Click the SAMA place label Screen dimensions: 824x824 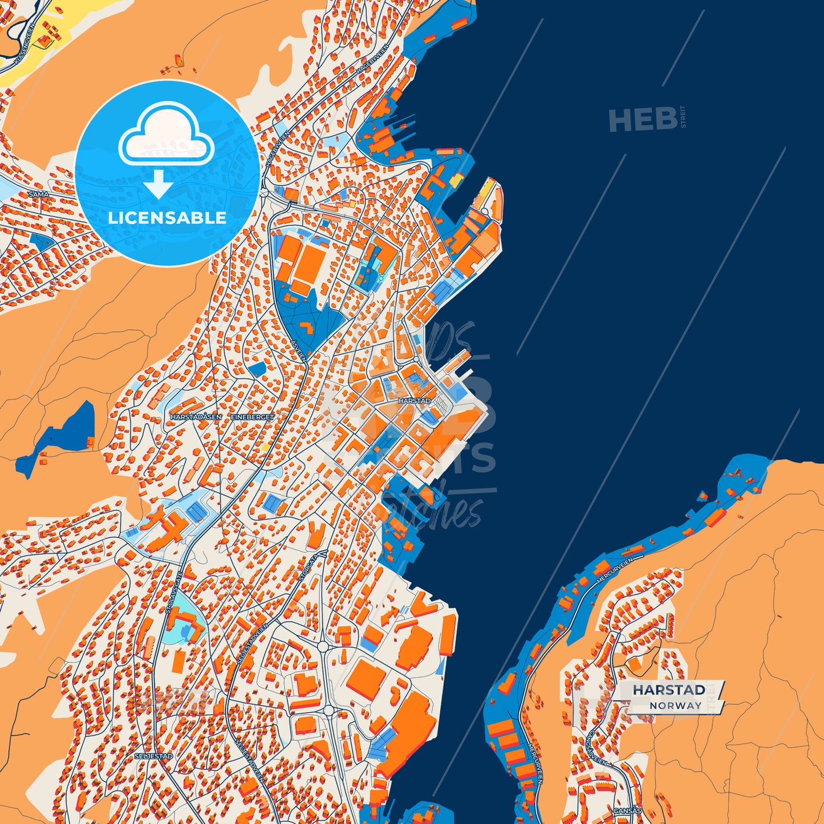(x=38, y=194)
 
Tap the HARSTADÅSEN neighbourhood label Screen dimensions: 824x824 (x=196, y=417)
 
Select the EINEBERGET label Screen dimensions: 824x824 (x=253, y=417)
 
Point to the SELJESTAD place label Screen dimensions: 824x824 (x=153, y=756)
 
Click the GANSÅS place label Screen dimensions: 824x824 (x=628, y=810)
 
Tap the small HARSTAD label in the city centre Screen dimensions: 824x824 (x=415, y=401)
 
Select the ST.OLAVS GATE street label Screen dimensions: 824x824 (x=172, y=593)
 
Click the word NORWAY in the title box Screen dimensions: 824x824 (x=675, y=705)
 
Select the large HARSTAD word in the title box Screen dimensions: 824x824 (x=668, y=690)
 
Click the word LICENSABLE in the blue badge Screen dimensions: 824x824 (x=167, y=218)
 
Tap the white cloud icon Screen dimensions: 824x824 (x=166, y=135)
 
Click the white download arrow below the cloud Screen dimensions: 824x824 (x=159, y=184)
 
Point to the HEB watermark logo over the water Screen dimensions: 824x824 (x=643, y=120)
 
